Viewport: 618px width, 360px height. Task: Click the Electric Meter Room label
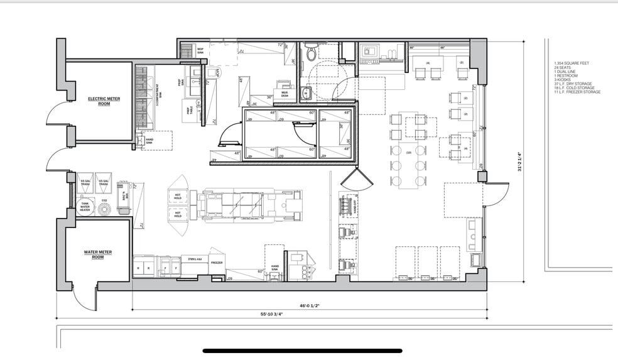[99, 101]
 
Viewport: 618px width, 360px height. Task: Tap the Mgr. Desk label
[284, 92]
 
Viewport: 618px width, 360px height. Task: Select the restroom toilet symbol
[311, 55]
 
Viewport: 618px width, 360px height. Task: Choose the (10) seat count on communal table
[409, 153]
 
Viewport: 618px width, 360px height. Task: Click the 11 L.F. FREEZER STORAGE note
[577, 92]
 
